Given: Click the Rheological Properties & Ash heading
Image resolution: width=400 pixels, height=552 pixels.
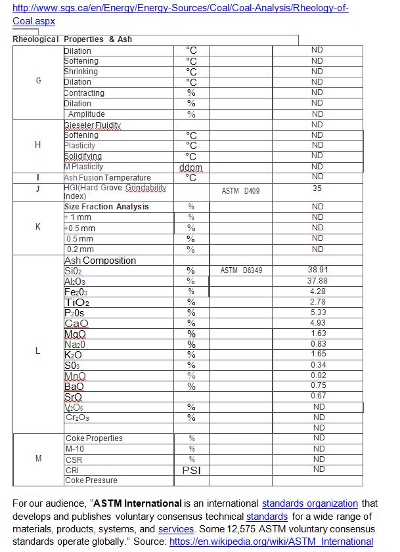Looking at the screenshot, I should pos(72,39).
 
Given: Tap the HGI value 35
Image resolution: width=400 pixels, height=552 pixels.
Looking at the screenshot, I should pos(318,188).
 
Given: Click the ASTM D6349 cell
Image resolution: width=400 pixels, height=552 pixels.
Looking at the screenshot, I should pos(241,270).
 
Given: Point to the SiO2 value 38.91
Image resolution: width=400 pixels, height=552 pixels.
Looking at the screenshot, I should pos(318,270).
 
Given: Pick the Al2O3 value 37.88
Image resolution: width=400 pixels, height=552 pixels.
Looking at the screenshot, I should pos(318,280).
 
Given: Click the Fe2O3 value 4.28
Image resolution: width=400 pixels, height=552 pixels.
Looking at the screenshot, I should pos(318,291).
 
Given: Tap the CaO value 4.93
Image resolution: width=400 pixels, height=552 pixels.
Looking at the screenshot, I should pos(318,322).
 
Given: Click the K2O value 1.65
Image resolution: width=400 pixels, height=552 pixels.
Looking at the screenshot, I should pos(318,354).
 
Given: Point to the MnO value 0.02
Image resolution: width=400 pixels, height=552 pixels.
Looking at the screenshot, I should pos(318,375).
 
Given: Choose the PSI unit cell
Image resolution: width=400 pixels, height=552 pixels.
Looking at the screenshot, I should pos(191,470).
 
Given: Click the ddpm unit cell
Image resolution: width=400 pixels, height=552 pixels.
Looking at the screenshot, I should pos(191,167).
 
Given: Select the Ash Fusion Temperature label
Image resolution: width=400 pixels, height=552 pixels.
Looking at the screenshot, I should pos(107,178).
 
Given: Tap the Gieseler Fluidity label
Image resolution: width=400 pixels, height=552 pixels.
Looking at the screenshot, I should pos(93,125).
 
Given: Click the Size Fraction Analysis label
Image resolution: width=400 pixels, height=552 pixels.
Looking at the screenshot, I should pos(106,207).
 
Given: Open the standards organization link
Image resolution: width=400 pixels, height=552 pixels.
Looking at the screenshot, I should pos(310,504).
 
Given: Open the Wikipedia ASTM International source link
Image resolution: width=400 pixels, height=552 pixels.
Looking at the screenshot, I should pos(271,541).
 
